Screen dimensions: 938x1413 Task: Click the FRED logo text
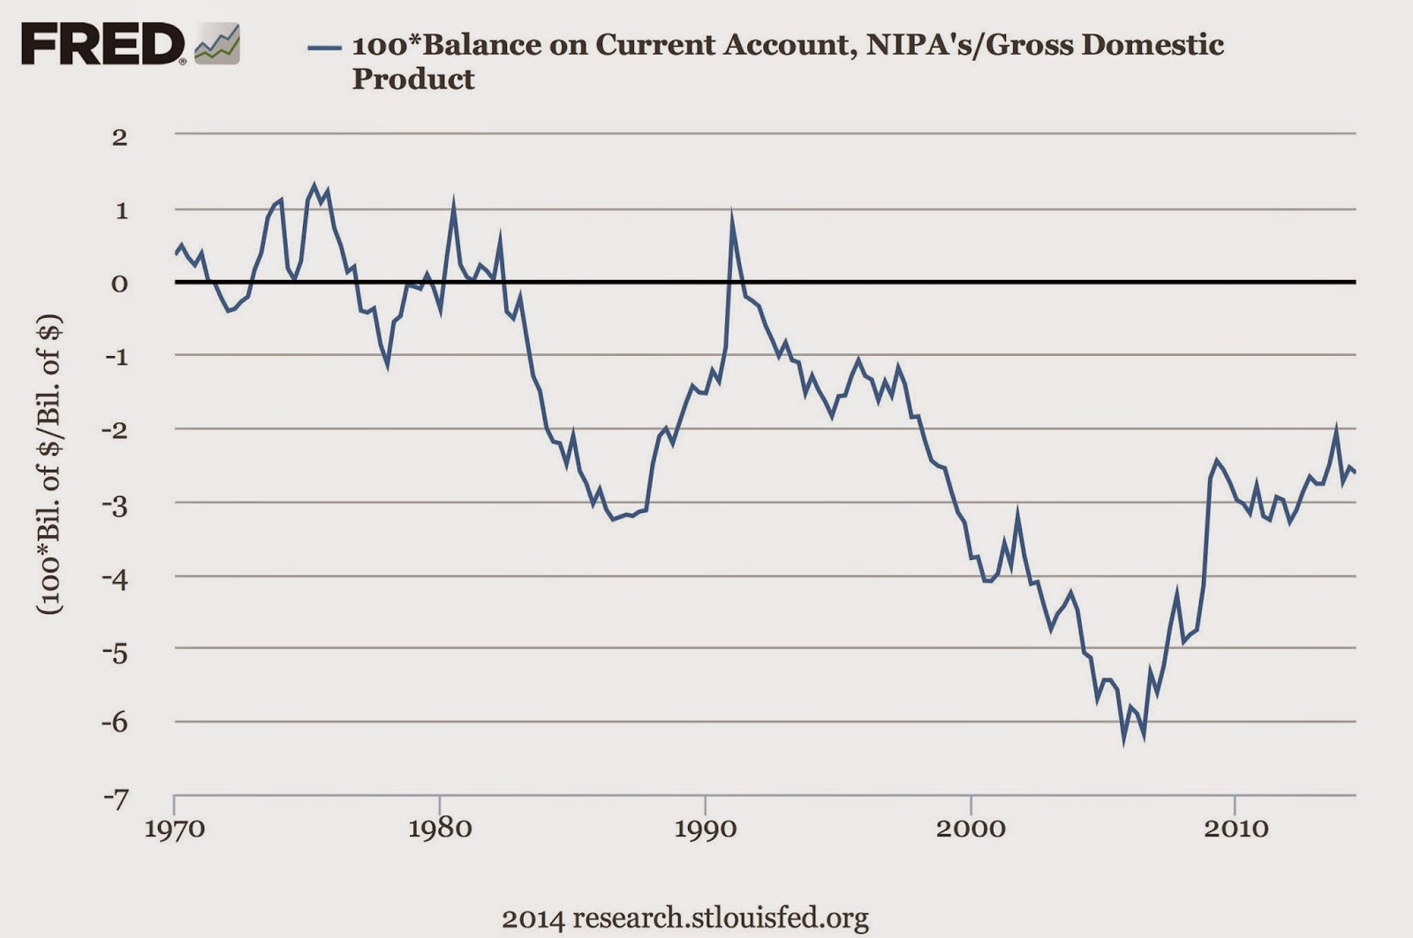102,44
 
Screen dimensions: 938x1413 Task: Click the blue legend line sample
324,47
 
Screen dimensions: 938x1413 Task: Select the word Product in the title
413,79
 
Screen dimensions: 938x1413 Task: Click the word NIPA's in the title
919,45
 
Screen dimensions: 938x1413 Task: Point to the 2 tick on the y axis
119,137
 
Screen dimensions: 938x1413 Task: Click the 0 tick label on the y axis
119,284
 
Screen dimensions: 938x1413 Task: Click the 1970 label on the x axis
174,828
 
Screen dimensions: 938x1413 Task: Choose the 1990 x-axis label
705,828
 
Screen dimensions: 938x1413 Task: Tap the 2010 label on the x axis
1235,828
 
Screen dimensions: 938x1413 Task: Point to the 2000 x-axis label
971,828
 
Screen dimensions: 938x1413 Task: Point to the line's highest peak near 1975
314,185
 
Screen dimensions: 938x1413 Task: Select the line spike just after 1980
453,208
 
